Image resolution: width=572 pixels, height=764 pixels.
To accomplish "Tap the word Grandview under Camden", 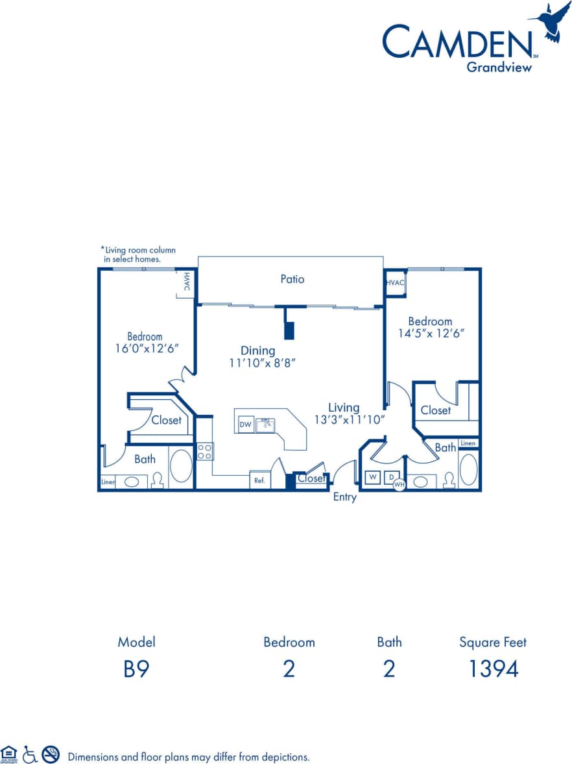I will tap(499, 66).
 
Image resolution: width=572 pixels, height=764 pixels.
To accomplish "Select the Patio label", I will tap(292, 279).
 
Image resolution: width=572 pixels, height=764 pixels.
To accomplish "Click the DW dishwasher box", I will tap(245, 425).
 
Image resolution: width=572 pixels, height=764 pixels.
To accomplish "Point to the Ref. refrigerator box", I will tap(259, 480).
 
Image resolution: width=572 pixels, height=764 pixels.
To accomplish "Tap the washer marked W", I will tap(373, 477).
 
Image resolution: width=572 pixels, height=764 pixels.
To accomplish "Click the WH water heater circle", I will tap(398, 484).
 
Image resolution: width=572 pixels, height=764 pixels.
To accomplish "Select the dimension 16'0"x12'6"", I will tap(145, 348).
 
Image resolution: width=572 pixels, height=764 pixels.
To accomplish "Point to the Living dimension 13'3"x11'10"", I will tap(350, 419).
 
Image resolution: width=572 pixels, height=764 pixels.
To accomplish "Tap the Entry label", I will tap(344, 497).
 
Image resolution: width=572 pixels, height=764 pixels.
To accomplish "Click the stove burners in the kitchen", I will tap(204, 451).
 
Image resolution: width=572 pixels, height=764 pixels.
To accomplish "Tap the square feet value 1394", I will tap(493, 669).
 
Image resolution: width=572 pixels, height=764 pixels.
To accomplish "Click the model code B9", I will tap(136, 669).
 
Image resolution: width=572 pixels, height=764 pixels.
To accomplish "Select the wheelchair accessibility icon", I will tap(30, 754).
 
